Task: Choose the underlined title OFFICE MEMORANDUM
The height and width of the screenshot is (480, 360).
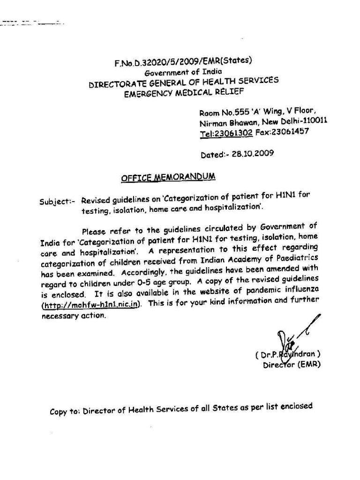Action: point(168,177)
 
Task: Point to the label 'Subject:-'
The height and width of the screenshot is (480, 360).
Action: point(58,202)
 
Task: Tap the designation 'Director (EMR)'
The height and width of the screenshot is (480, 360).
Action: point(291,364)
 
